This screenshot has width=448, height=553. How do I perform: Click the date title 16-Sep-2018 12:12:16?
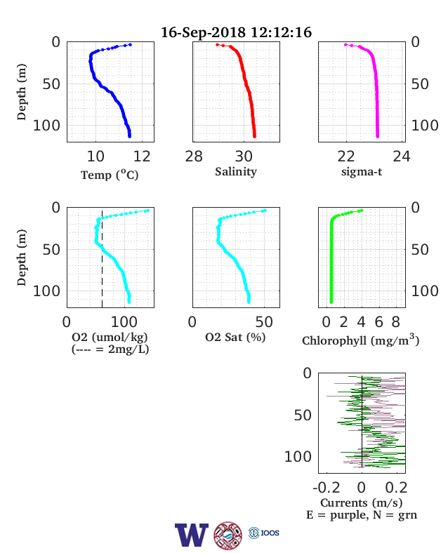(236, 32)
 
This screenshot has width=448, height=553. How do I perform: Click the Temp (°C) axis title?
(110, 175)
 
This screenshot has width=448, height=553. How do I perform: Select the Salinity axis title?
(236, 172)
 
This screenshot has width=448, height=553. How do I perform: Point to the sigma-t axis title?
(362, 172)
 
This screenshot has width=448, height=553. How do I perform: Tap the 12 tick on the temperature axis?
(142, 156)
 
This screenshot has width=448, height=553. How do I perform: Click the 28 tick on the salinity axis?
(194, 156)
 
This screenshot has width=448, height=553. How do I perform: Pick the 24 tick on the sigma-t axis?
(402, 156)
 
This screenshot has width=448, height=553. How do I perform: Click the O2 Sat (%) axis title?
(235, 338)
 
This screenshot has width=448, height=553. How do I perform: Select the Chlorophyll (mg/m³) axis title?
(360, 340)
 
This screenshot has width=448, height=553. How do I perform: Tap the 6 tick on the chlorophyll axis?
(378, 322)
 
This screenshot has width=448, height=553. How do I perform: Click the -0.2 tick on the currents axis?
(327, 488)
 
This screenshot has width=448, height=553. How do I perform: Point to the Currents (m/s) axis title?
(361, 502)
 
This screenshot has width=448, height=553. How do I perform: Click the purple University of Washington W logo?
(192, 535)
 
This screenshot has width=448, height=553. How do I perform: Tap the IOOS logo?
(264, 533)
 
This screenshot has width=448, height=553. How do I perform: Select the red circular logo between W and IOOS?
(228, 535)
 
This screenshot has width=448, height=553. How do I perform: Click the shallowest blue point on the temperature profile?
(130, 45)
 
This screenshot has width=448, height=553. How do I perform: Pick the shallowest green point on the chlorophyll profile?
(361, 211)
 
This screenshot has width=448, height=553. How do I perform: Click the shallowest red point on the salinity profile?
(217, 45)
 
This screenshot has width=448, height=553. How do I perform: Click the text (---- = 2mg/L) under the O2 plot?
(110, 349)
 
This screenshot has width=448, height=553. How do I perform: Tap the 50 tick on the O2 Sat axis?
(264, 322)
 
